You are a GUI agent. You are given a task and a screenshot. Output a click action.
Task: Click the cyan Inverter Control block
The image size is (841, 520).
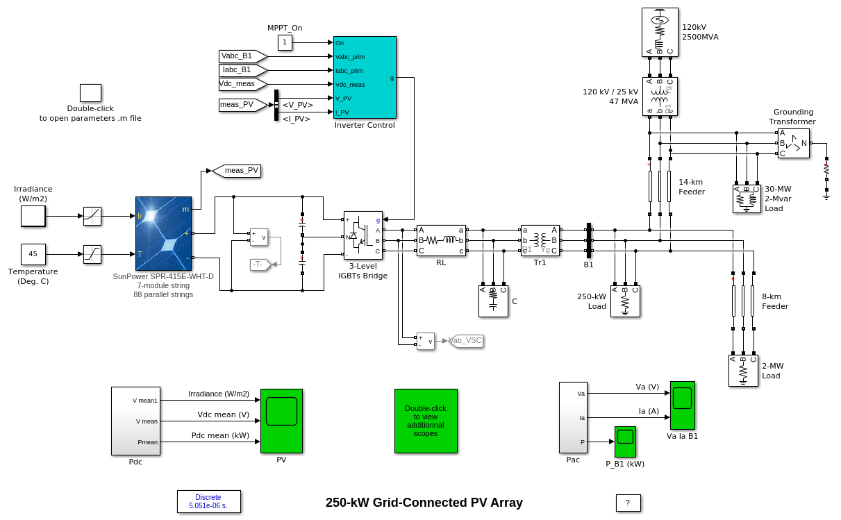[365, 77]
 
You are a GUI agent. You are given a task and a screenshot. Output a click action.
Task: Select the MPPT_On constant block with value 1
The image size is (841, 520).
[285, 43]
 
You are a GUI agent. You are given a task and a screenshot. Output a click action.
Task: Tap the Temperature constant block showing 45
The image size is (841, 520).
[33, 254]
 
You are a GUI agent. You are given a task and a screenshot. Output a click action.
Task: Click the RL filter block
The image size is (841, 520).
[441, 240]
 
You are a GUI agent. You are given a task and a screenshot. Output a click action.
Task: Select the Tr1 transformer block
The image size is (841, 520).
[540, 240]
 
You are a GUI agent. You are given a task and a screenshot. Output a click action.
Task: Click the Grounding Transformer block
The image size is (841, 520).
[793, 143]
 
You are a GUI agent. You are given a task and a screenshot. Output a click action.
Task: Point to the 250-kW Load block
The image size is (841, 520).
[625, 301]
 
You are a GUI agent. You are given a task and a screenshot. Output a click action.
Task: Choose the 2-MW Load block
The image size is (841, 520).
[742, 370]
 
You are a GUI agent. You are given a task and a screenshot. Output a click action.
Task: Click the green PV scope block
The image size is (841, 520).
[281, 421]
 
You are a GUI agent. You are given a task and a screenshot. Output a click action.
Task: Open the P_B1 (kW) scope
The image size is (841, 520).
[625, 442]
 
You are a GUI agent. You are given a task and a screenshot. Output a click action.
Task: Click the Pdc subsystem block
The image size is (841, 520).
[135, 421]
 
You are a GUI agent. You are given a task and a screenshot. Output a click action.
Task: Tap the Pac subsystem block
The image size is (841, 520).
[573, 417]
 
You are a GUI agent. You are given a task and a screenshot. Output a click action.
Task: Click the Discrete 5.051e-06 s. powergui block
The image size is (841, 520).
[208, 501]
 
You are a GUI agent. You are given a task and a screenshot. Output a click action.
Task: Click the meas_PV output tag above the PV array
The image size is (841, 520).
[236, 171]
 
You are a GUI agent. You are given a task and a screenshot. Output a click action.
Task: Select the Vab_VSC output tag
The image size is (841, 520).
[465, 341]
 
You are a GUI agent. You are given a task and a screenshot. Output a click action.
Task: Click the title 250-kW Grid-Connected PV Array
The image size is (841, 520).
[424, 503]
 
